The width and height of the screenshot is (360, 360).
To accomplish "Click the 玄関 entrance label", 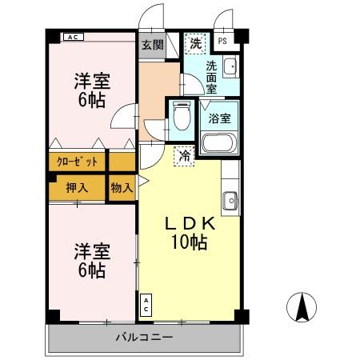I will coord(152,45).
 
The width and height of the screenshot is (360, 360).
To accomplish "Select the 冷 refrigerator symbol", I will coord(185,156).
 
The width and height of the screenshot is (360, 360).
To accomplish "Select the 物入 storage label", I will coord(121,188).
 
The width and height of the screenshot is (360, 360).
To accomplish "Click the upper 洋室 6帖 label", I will coord(91,89).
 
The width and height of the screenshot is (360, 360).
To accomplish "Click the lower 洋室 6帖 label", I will coord(91,261).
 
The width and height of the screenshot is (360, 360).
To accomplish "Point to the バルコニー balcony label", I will coord(145,338).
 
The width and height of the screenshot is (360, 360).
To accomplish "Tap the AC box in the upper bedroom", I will coord(72,38).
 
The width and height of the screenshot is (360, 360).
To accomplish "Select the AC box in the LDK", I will coord(146,305).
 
